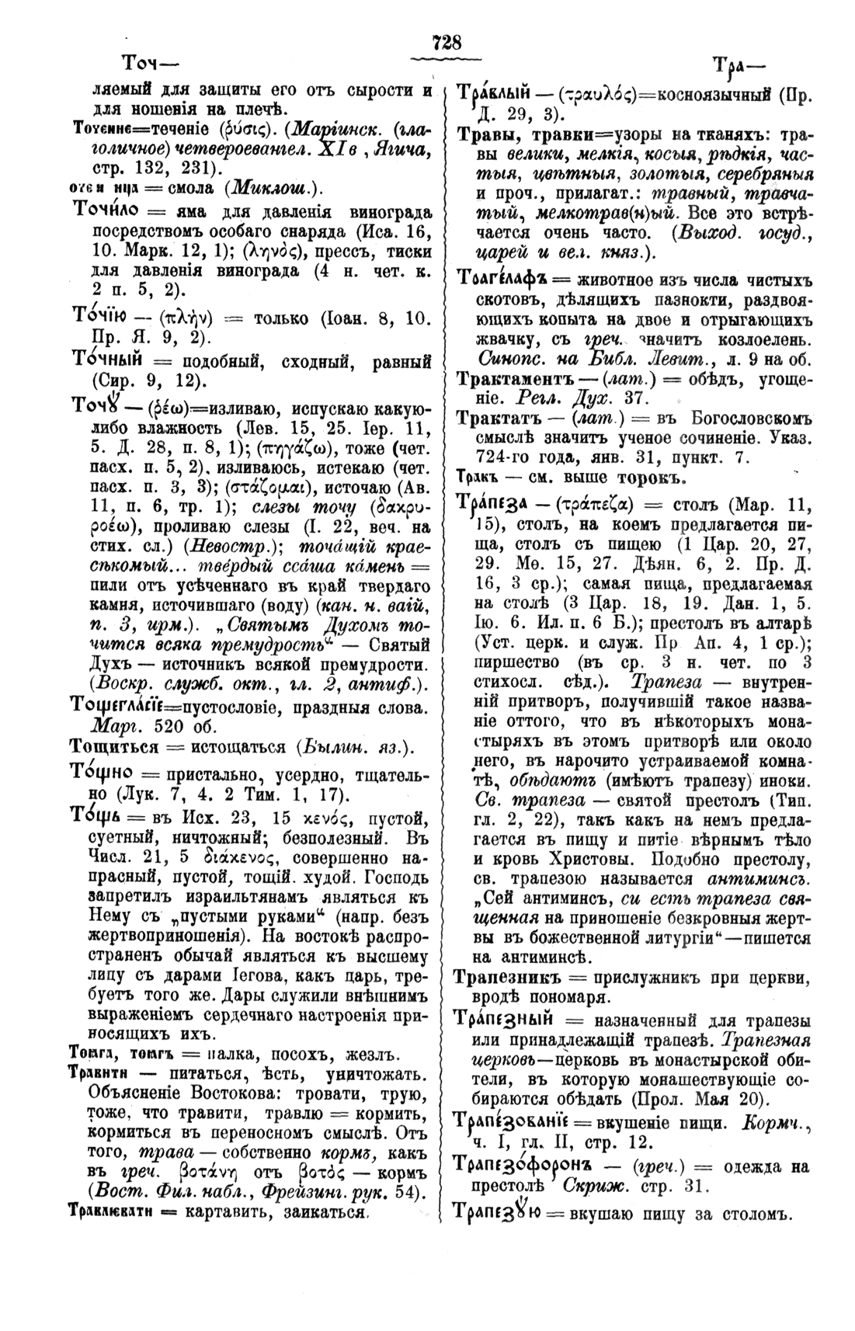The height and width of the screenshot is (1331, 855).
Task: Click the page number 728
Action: point(448,43)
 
